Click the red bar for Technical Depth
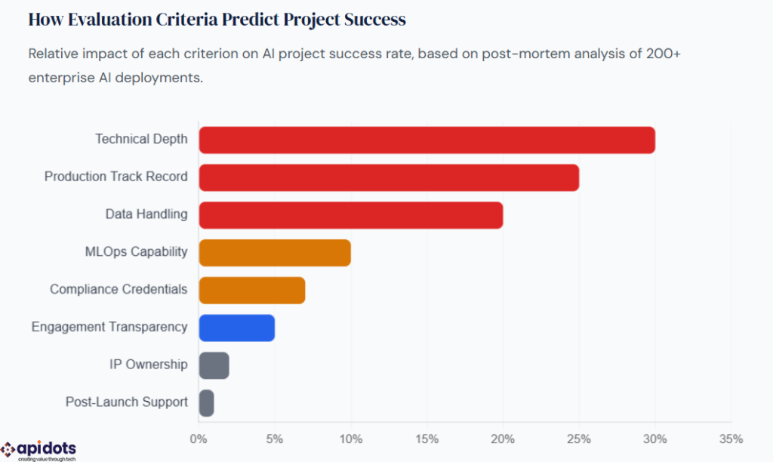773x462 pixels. tap(427, 140)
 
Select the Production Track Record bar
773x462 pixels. tap(389, 177)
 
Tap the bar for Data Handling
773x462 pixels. tap(351, 215)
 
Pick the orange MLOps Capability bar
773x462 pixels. tap(275, 253)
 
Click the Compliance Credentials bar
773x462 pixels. tap(252, 290)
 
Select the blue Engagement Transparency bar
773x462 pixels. tap(237, 328)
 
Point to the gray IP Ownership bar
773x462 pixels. tap(214, 365)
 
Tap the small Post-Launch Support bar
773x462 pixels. tap(206, 403)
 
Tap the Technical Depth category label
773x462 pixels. tap(141, 139)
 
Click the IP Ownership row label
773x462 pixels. tap(148, 365)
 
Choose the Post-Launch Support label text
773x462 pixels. tap(126, 402)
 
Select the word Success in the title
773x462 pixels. tap(374, 20)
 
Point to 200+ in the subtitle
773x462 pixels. tap(650, 54)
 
